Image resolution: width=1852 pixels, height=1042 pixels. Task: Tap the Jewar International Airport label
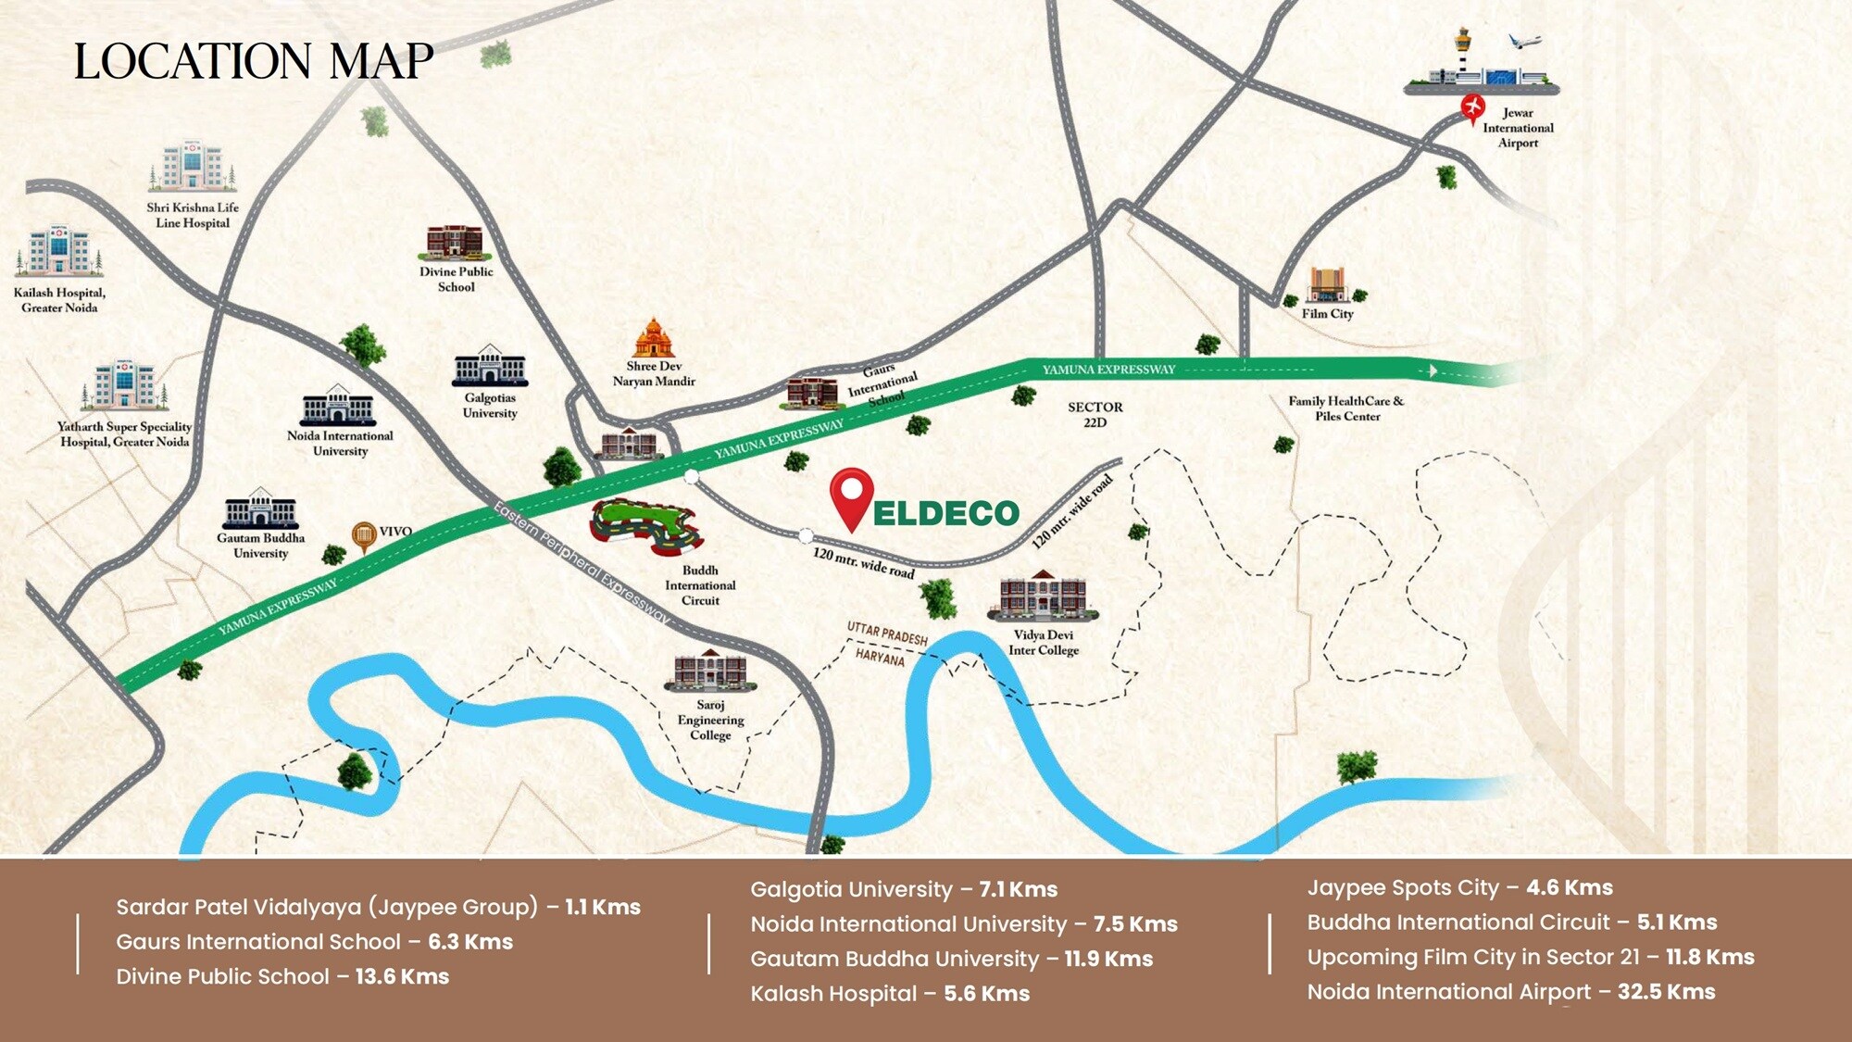click(x=1518, y=128)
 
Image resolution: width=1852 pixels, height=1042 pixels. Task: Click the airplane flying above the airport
click(x=1523, y=42)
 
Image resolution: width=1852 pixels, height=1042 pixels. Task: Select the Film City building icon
click(x=1326, y=285)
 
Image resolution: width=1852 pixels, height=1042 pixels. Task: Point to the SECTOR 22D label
click(x=1095, y=414)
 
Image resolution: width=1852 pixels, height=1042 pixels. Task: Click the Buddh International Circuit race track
click(x=646, y=526)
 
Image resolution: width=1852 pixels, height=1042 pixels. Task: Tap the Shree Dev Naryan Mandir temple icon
click(x=654, y=338)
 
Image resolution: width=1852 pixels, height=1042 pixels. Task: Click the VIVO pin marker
click(x=363, y=536)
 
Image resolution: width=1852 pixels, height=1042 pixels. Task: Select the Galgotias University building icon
click(x=490, y=366)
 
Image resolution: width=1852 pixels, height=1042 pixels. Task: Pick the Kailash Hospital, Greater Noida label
click(x=59, y=300)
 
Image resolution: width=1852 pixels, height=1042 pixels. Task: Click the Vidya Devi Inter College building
click(x=1043, y=596)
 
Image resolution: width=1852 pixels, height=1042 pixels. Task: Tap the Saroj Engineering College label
click(x=710, y=720)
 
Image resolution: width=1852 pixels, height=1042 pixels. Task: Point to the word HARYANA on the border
click(x=879, y=657)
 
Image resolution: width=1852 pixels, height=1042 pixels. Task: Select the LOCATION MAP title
click(x=253, y=62)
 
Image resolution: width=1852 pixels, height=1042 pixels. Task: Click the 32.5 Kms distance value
click(x=1666, y=992)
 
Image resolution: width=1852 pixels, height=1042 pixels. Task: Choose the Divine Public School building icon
click(x=454, y=242)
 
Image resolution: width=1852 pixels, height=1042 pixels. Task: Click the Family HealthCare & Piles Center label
click(x=1345, y=408)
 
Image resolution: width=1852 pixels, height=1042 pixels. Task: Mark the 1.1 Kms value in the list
click(x=603, y=907)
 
